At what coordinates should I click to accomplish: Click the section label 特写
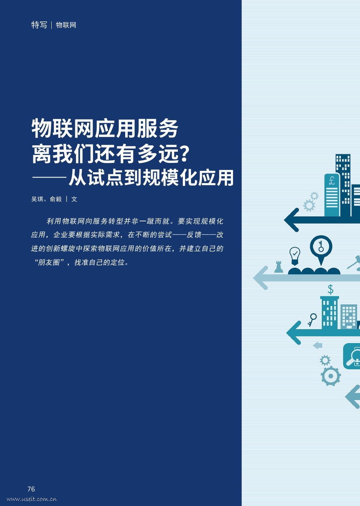click(39, 25)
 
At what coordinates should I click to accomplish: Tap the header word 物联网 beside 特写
click(66, 25)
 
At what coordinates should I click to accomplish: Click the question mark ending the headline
click(184, 154)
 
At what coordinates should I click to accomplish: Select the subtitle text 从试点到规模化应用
click(151, 178)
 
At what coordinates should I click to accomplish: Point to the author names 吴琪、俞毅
click(46, 199)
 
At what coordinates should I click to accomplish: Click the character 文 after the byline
click(74, 199)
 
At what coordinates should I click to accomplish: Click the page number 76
click(31, 489)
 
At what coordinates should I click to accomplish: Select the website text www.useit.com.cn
click(32, 499)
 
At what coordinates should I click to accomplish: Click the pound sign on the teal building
click(332, 181)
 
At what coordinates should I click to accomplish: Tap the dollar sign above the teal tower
click(330, 289)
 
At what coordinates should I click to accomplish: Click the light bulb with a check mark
click(295, 255)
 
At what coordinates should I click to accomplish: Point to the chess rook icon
click(279, 266)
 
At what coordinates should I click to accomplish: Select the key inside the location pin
click(321, 246)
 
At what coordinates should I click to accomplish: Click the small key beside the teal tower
click(312, 319)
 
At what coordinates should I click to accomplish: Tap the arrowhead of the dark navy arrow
click(291, 220)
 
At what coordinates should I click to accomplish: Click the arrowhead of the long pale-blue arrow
click(260, 278)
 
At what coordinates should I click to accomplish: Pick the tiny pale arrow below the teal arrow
click(318, 345)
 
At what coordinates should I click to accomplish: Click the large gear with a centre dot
click(330, 376)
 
